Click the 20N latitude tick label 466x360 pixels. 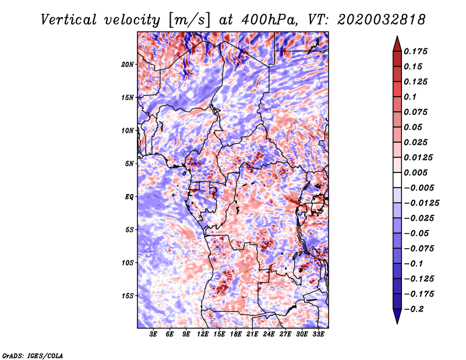[128, 64]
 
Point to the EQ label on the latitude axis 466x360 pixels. [129, 197]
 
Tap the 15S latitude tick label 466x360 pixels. [128, 296]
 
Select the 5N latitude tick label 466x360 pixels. [129, 164]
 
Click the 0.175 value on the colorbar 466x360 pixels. [416, 51]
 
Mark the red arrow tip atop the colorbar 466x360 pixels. [397, 40]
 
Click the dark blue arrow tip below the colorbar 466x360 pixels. [397, 320]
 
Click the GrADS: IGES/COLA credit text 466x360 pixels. [33, 355]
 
